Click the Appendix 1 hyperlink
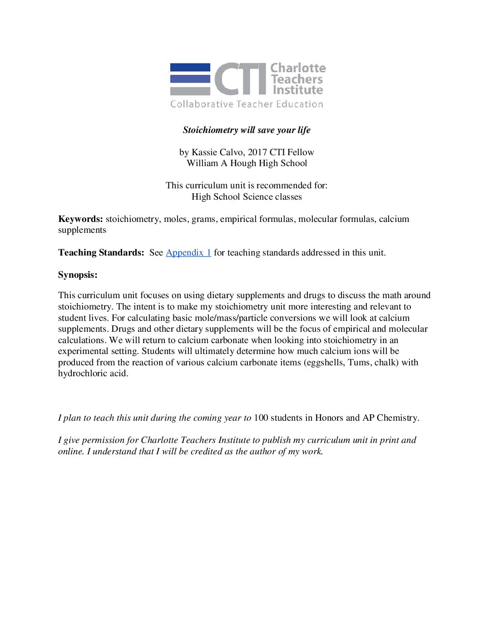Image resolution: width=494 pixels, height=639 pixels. click(x=188, y=253)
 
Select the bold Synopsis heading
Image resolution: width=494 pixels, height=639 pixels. click(x=78, y=275)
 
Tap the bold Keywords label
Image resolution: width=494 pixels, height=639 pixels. click(x=80, y=219)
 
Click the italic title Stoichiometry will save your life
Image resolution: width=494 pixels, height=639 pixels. click(x=247, y=130)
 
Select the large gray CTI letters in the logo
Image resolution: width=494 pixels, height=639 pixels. click(x=240, y=79)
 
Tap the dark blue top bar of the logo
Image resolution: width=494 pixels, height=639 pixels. click(x=190, y=67)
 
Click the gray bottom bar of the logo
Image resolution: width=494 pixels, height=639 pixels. click(x=190, y=91)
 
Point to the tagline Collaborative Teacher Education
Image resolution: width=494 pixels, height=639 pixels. click(x=247, y=104)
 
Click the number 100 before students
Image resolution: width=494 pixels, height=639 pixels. click(x=261, y=418)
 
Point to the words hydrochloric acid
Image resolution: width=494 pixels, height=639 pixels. click(x=93, y=374)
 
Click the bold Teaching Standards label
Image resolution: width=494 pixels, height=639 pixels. click(x=101, y=253)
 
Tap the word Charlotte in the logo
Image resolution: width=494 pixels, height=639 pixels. click(x=298, y=68)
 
